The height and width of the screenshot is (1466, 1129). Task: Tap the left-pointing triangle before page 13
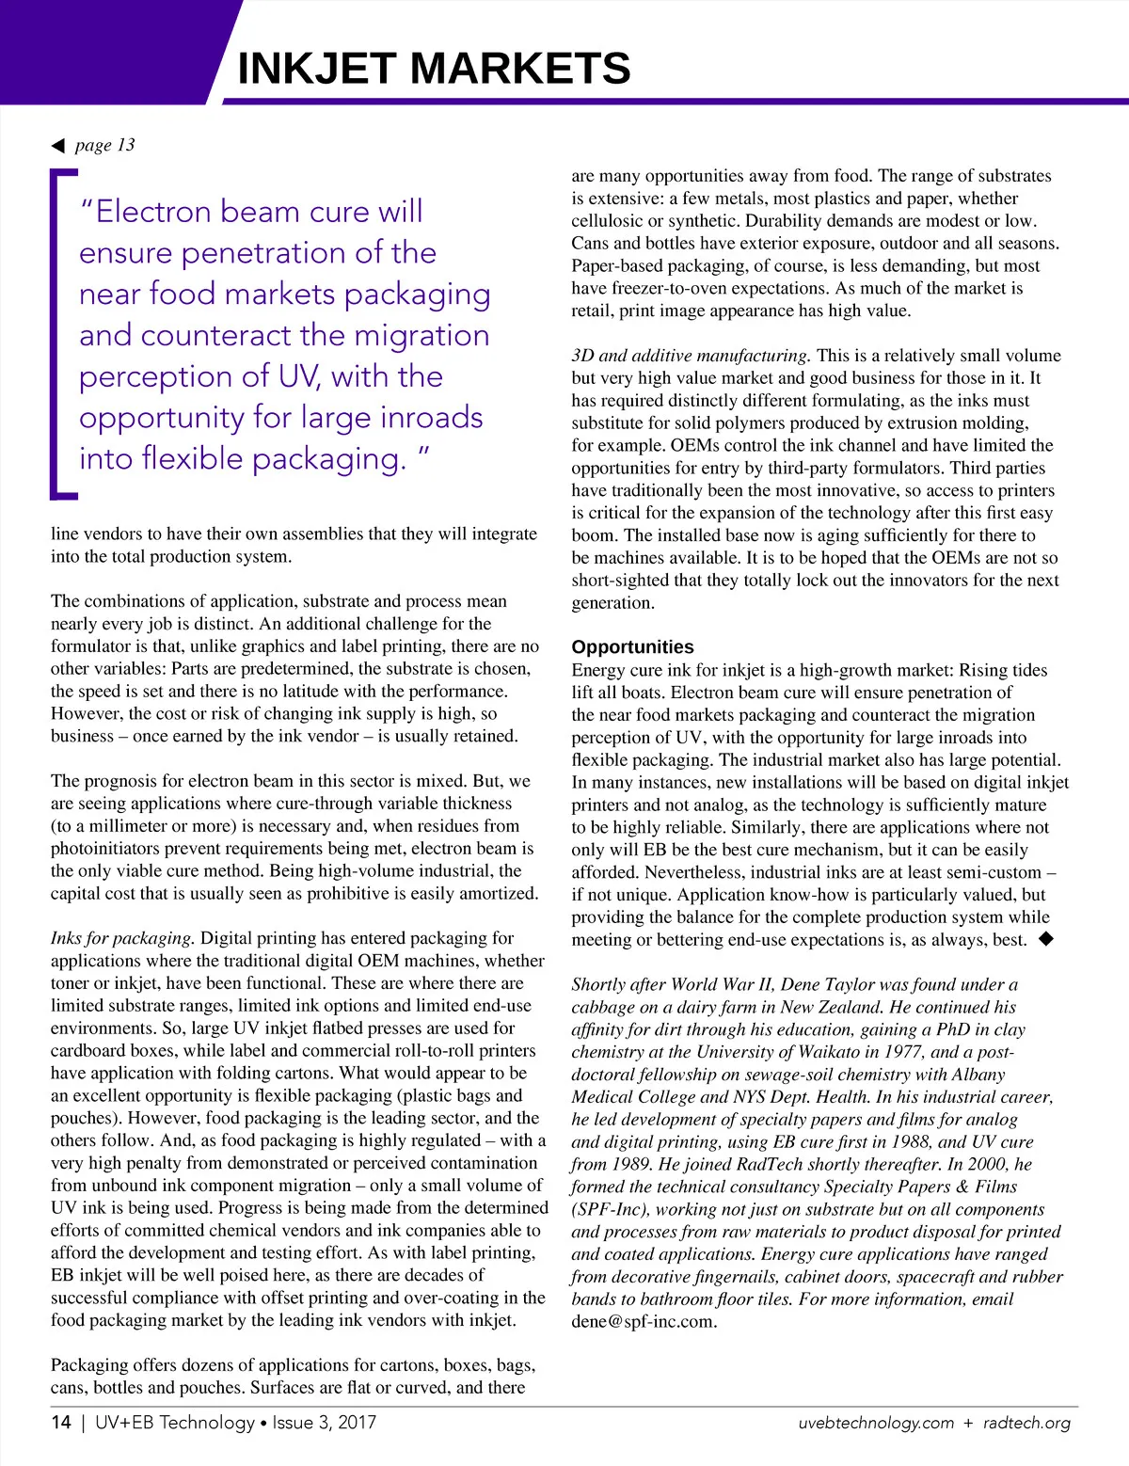(x=58, y=146)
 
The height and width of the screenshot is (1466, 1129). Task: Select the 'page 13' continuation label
(x=105, y=145)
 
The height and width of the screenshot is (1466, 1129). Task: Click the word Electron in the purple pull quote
(x=153, y=212)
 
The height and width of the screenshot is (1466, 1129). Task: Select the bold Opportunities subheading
(x=632, y=647)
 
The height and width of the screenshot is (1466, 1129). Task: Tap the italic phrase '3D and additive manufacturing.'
(x=690, y=356)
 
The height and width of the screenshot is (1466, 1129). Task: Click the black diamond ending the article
(x=1045, y=939)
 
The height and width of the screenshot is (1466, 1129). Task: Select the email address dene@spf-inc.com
(x=644, y=1321)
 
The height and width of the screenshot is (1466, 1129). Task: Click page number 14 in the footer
(x=61, y=1422)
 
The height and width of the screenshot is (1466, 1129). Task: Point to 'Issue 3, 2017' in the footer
(x=324, y=1422)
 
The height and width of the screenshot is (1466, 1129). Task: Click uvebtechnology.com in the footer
(x=876, y=1423)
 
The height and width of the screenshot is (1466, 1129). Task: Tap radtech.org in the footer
(x=1026, y=1423)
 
